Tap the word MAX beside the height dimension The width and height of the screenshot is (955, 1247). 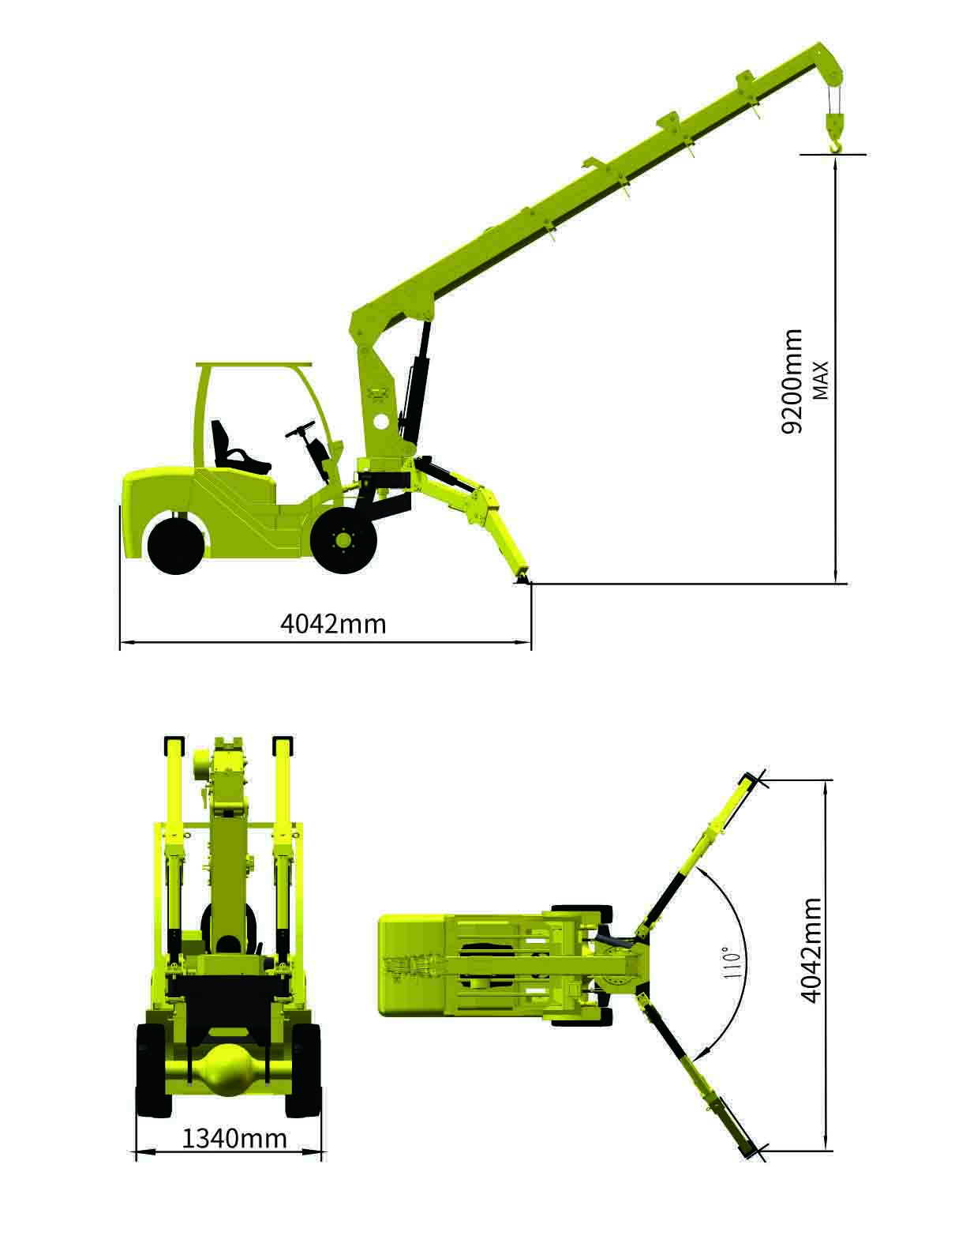coord(821,380)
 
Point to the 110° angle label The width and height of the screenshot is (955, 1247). coord(732,963)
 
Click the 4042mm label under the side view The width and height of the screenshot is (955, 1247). coord(333,625)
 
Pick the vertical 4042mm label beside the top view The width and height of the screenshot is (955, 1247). coord(810,951)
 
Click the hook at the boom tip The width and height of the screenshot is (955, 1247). coord(834,133)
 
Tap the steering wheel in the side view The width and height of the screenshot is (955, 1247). coord(300,429)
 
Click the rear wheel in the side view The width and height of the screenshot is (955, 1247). coord(175,545)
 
